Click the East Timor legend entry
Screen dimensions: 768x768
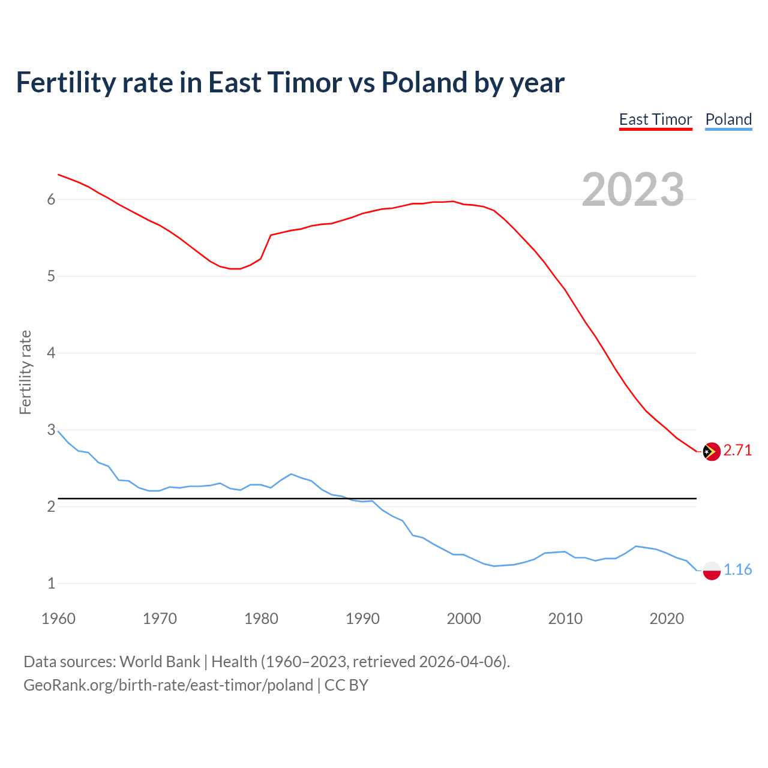tap(655, 119)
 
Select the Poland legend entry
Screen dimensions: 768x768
tap(728, 119)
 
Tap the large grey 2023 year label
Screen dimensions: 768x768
tap(633, 190)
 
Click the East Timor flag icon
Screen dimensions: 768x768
tap(711, 451)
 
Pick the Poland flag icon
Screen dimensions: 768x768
tap(711, 571)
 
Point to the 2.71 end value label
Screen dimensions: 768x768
tap(737, 451)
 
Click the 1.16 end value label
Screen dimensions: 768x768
tap(737, 569)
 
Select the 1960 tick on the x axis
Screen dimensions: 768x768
tap(58, 619)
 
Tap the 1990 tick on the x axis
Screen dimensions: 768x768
tap(362, 619)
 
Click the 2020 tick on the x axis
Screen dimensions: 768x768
tap(667, 619)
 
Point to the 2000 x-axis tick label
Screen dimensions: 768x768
tap(464, 619)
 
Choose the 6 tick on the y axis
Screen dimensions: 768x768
tap(51, 200)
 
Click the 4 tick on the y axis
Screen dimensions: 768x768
tap(51, 353)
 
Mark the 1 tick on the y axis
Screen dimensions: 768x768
tap(51, 583)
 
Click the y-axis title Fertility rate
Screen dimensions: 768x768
tap(25, 372)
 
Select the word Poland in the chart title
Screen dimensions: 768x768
tap(424, 83)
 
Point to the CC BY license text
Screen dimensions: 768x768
tap(346, 685)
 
